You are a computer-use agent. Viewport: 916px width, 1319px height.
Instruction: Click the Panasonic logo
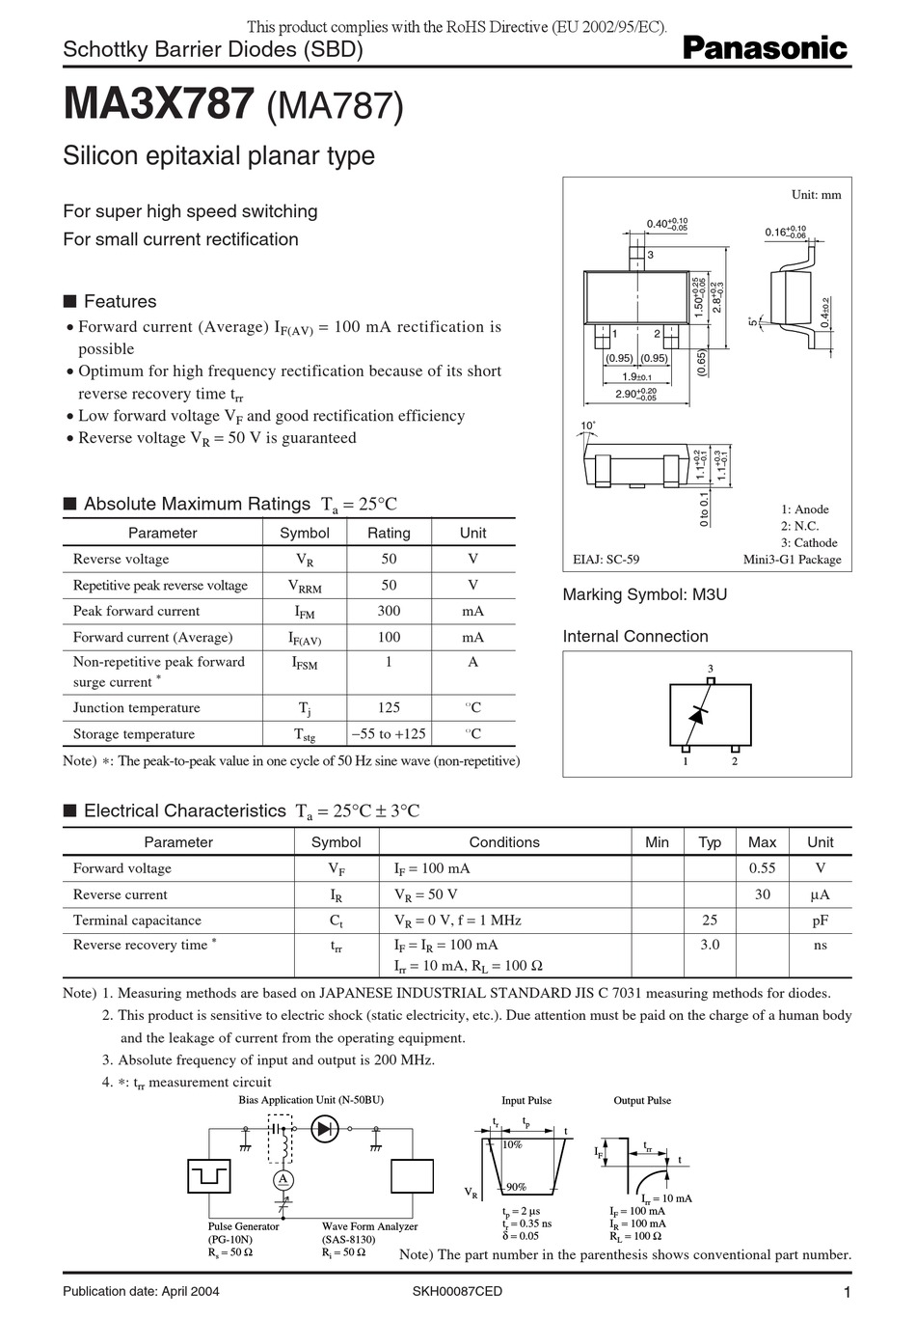(765, 48)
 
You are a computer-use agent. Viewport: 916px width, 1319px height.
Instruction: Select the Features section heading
(119, 301)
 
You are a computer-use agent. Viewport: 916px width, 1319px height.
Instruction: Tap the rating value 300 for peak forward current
(389, 611)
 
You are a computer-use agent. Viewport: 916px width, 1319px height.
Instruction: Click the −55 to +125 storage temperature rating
(389, 734)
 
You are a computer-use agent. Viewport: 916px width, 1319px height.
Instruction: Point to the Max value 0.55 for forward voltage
(762, 868)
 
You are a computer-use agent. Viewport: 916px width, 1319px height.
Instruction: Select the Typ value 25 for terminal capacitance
(710, 921)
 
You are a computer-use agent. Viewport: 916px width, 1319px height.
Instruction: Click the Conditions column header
(504, 842)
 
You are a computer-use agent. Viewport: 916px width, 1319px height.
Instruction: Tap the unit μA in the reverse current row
(820, 894)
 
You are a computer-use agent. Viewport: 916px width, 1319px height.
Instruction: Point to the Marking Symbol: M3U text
(644, 594)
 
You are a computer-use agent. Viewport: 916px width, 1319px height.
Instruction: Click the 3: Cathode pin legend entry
(808, 543)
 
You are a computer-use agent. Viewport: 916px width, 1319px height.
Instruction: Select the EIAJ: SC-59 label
(606, 560)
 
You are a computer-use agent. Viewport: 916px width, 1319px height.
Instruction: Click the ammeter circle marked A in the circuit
(283, 1180)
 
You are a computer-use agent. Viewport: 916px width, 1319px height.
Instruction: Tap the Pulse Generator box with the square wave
(209, 1176)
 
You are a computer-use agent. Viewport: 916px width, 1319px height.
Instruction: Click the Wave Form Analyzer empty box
(412, 1176)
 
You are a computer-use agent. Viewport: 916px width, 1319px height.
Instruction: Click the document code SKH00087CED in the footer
(457, 1292)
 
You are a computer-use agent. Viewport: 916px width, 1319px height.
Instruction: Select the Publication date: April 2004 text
(141, 1292)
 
